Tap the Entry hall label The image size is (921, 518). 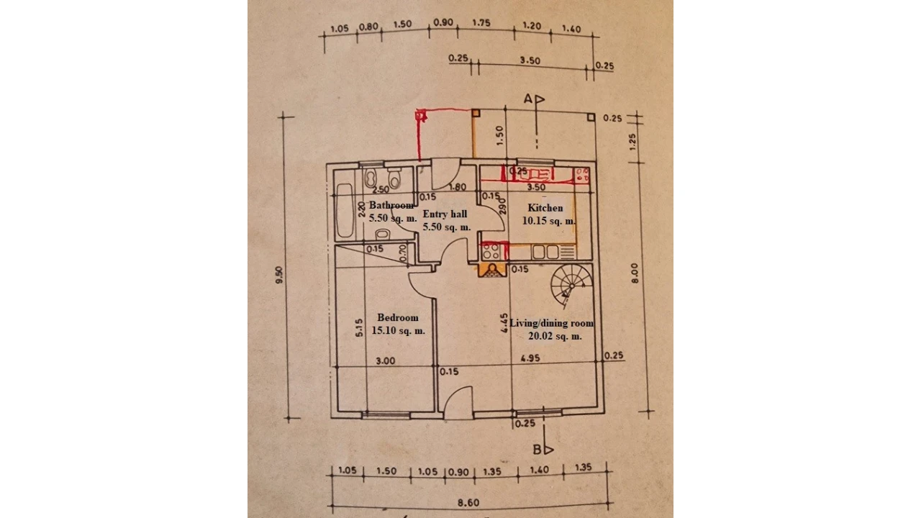[445, 214]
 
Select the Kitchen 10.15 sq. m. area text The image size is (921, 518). [548, 221]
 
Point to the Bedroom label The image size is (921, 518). [397, 318]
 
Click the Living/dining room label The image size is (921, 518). [552, 324]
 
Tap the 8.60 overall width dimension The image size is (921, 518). [468, 503]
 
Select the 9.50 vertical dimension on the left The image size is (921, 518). [279, 275]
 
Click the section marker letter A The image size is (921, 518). [527, 99]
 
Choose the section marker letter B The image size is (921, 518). [537, 450]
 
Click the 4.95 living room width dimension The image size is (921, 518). [530, 358]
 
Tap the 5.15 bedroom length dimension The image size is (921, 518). [358, 329]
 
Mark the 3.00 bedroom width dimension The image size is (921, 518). [386, 361]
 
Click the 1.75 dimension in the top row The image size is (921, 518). [481, 23]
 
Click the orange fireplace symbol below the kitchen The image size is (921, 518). [492, 271]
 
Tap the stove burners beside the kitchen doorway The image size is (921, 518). [491, 251]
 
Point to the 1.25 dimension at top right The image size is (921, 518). [633, 141]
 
